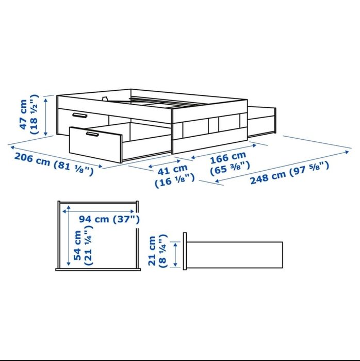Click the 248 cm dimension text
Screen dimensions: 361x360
(268, 175)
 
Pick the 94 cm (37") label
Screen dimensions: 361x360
(109, 219)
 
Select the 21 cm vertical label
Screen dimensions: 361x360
(153, 251)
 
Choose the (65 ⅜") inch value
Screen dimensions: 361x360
(231, 167)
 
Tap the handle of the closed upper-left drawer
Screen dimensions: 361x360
(79, 115)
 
